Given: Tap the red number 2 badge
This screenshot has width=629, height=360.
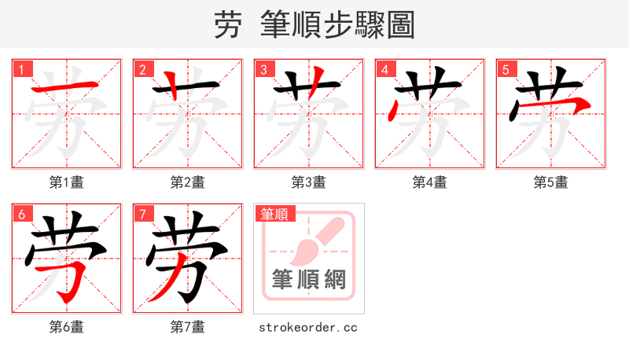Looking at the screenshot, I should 142,69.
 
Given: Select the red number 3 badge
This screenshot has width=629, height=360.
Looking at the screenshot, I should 263,69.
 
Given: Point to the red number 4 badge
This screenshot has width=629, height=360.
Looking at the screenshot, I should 384,69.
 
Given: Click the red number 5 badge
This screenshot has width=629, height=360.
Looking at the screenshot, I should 506,69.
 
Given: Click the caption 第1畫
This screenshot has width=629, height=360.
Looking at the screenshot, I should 67,182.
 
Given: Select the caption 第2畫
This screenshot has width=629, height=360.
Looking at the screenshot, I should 188,182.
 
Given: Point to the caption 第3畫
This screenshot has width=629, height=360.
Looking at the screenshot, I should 309,182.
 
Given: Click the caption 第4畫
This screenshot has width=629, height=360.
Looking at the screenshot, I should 430,182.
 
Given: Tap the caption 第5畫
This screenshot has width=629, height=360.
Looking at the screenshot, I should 551,182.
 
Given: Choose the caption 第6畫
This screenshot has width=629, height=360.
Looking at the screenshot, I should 67,327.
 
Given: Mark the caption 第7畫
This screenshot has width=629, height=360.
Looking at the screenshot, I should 188,327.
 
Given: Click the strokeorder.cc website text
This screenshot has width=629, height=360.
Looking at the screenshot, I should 308,327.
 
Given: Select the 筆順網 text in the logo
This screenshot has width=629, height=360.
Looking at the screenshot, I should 309,279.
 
